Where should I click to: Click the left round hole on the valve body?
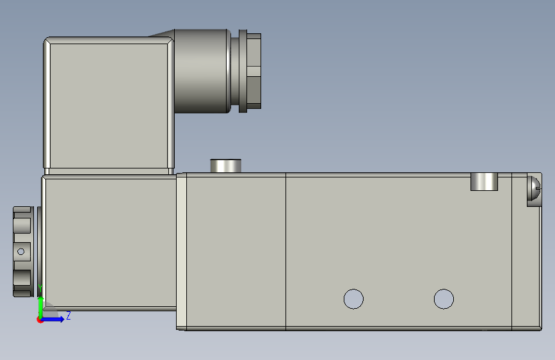(x=353, y=299)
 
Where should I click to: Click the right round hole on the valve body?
(x=444, y=299)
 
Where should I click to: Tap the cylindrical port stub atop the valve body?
(x=226, y=165)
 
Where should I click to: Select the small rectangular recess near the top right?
(x=484, y=181)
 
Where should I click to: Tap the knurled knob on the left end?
(x=23, y=251)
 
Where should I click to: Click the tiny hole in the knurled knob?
(x=20, y=251)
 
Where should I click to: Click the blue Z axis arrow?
(x=54, y=318)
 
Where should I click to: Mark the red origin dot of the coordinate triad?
(x=40, y=320)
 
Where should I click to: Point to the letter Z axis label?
(x=68, y=315)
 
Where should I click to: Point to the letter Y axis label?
(x=40, y=288)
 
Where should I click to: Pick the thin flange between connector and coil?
(x=109, y=172)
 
